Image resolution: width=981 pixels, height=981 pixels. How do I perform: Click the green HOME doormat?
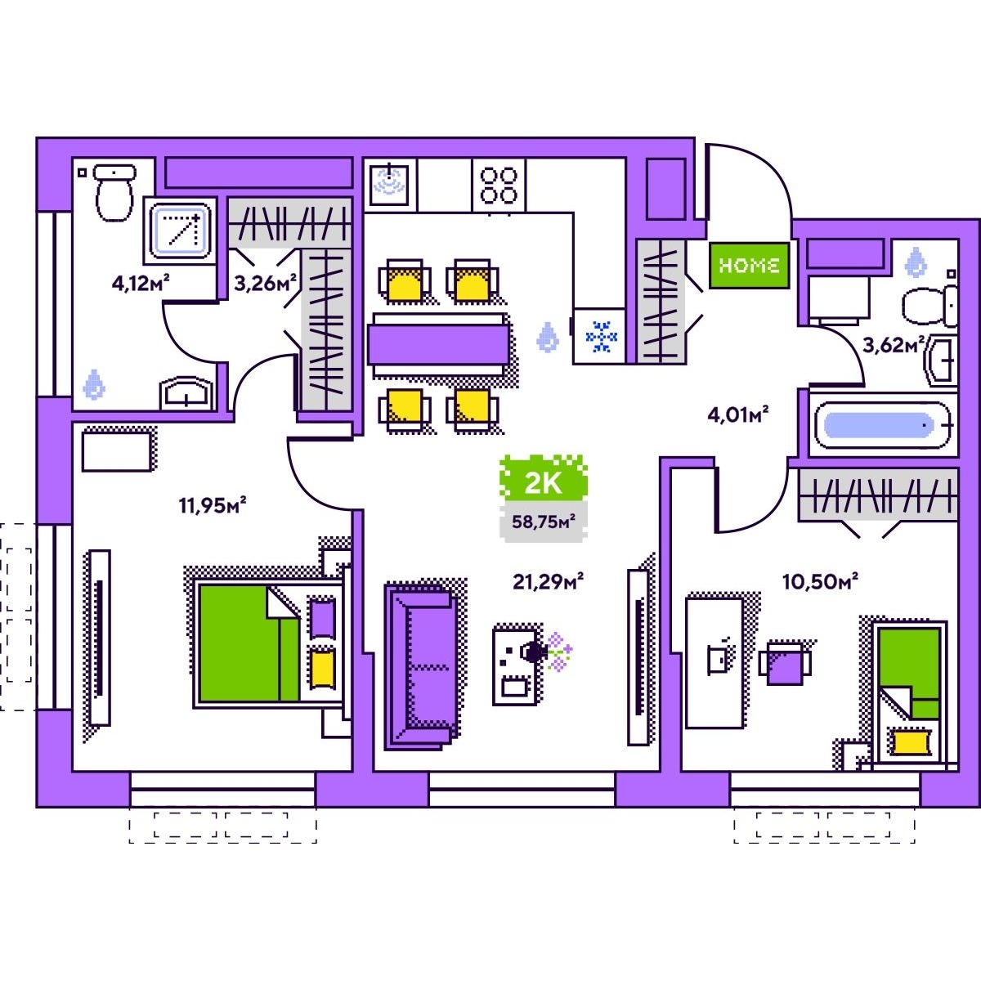(749, 265)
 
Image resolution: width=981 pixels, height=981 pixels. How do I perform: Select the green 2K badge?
(543, 482)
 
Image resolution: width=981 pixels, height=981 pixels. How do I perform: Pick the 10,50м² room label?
(820, 582)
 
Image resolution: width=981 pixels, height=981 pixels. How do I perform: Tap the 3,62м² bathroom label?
(894, 345)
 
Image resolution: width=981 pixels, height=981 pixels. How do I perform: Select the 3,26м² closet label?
(264, 284)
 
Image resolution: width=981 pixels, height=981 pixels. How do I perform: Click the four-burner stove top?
(499, 185)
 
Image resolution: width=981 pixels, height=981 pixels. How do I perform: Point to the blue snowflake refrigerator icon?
(602, 337)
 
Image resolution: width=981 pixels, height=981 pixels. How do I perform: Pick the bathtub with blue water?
(882, 425)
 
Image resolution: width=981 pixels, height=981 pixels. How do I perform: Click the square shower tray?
(181, 230)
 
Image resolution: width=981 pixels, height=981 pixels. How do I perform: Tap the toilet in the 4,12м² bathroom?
(114, 192)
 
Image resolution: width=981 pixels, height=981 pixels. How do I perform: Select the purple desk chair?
(786, 663)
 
